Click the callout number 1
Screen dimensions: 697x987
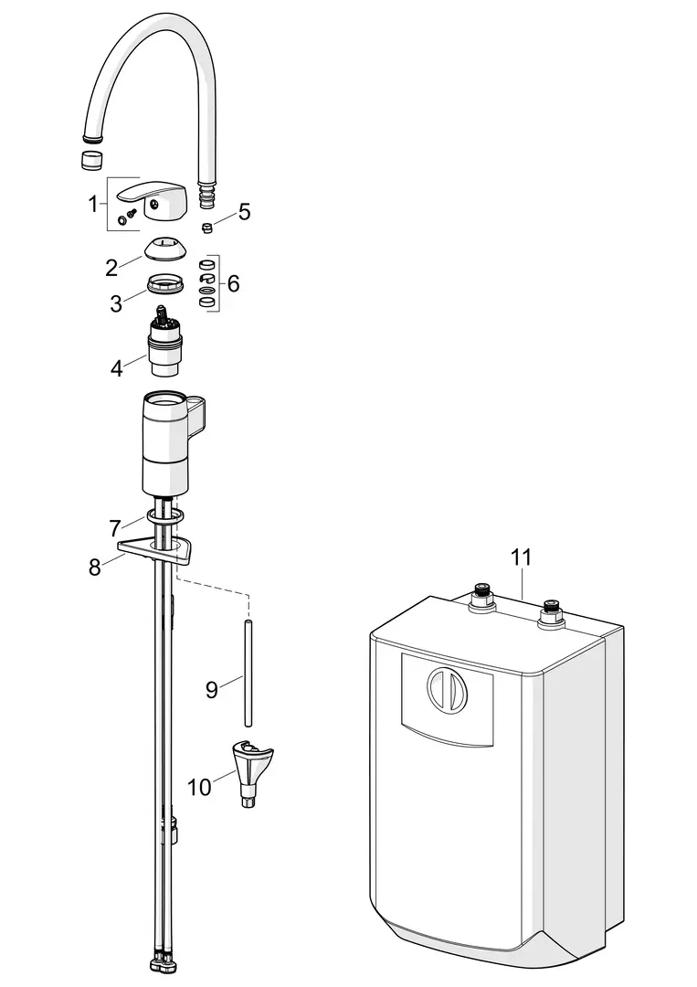[x=93, y=204]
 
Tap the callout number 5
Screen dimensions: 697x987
[x=244, y=211]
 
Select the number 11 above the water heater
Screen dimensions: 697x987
[x=521, y=557]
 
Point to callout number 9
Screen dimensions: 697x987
[x=212, y=690]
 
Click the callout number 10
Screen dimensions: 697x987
[x=199, y=787]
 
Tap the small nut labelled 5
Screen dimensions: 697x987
[x=206, y=228]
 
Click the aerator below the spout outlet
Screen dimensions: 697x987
[x=91, y=160]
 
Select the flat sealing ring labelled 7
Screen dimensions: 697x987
[x=166, y=516]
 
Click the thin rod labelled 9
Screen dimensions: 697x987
[x=249, y=674]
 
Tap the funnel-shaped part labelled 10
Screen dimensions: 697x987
[x=251, y=771]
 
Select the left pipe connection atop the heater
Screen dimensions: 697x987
[x=481, y=598]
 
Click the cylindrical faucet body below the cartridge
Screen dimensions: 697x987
[x=166, y=443]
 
